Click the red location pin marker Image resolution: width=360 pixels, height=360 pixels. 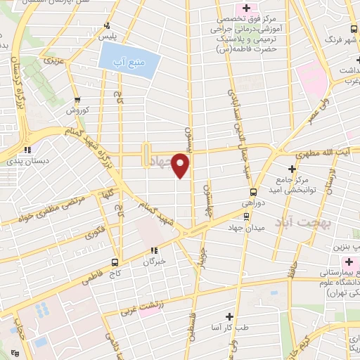181,165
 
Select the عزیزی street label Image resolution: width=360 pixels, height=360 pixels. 55,61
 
